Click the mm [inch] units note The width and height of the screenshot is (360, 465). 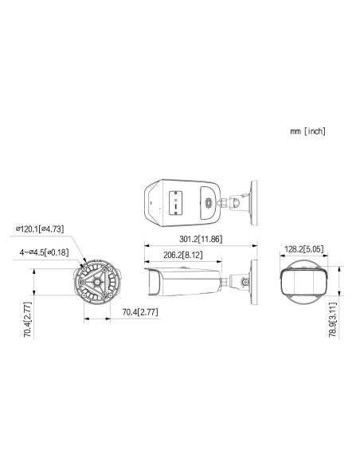pyautogui.click(x=307, y=131)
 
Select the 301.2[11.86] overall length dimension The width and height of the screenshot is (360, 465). pyautogui.click(x=201, y=239)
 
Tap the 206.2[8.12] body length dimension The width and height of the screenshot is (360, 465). pyautogui.click(x=183, y=255)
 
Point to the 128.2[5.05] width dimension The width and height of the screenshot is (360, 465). pyautogui.click(x=304, y=248)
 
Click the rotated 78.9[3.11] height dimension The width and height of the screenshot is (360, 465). pyautogui.click(x=333, y=320)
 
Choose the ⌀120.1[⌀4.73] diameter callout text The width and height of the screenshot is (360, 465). pyautogui.click(x=40, y=229)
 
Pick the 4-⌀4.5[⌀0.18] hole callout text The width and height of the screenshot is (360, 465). pyautogui.click(x=44, y=252)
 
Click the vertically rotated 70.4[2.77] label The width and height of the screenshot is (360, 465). pyautogui.click(x=28, y=320)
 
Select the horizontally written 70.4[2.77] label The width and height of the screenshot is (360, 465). pyautogui.click(x=140, y=312)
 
